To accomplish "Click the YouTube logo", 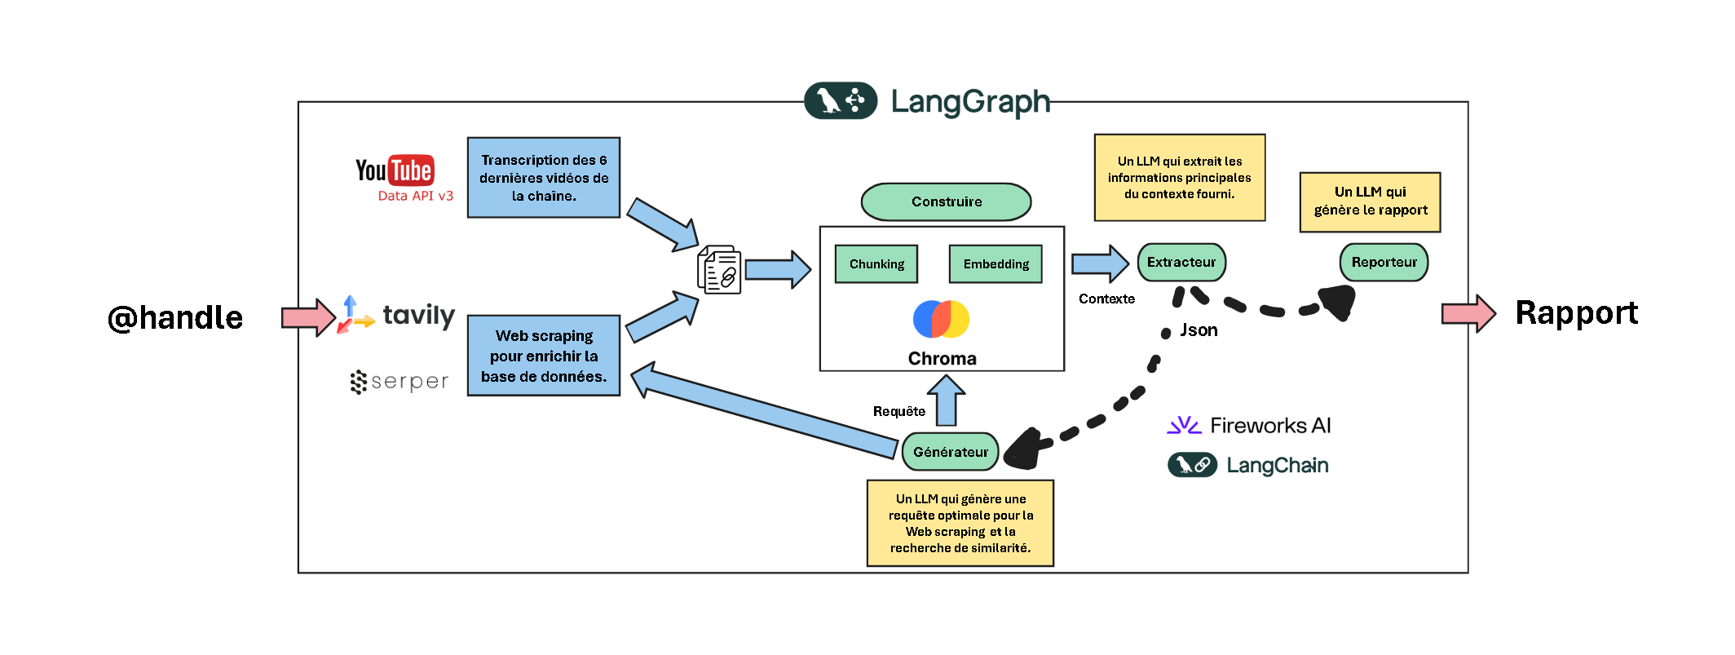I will coord(395,170).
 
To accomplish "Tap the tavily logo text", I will coord(418,315).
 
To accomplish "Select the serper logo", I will coord(400,381).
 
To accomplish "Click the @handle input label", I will coord(175,317).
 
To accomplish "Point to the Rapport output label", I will coord(1576,313).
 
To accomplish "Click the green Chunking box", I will coord(876,264).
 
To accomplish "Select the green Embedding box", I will coord(996,264).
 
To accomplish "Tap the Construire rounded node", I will coord(946,201).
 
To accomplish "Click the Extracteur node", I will coord(1181,263).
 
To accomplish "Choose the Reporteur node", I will coord(1384,263).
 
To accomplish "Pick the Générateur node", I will coord(951,452).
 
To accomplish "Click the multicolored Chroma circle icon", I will coord(941,319).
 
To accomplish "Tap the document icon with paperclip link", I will coord(719,269).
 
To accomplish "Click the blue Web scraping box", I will coord(544,356).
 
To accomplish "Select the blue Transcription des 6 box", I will coord(544,178).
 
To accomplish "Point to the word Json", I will coord(1199,330).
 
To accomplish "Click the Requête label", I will coord(898,411).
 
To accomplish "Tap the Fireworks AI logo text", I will coord(1269,425).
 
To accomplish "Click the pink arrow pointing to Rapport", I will coord(1468,314).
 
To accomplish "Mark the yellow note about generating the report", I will coord(1370,201).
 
